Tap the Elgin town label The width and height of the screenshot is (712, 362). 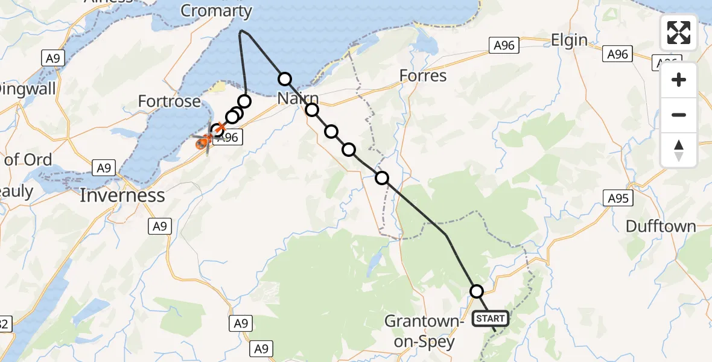pyautogui.click(x=569, y=40)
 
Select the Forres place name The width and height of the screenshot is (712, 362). pyautogui.click(x=423, y=76)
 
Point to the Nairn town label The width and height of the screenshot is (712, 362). pyautogui.click(x=298, y=98)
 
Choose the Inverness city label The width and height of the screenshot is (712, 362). pyautogui.click(x=122, y=195)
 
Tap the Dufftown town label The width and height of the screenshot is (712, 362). pyautogui.click(x=661, y=227)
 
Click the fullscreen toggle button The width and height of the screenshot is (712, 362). pyautogui.click(x=679, y=33)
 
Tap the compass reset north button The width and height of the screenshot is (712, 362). pyautogui.click(x=679, y=150)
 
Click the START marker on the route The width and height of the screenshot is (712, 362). pyautogui.click(x=491, y=319)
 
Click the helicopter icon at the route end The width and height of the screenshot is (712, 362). pyautogui.click(x=205, y=142)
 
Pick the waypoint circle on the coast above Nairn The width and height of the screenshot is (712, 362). pyautogui.click(x=285, y=78)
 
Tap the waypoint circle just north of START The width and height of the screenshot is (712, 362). pyautogui.click(x=477, y=291)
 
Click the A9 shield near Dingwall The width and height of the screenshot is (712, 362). pyautogui.click(x=50, y=58)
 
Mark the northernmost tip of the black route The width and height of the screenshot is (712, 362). pyautogui.click(x=241, y=30)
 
